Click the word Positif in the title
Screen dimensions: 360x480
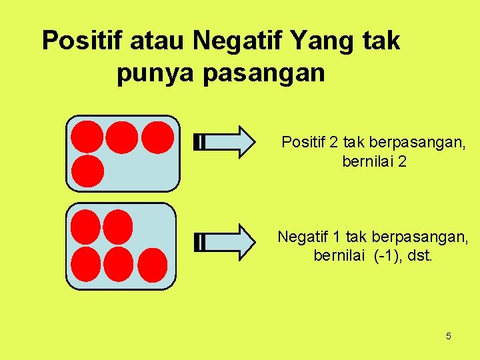click(x=83, y=41)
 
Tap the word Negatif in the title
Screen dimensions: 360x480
click(x=246, y=41)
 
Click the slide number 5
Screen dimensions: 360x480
click(x=448, y=336)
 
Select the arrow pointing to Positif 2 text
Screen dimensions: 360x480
click(x=225, y=142)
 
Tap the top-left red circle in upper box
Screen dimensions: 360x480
click(x=87, y=136)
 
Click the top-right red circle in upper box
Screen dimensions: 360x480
click(x=157, y=136)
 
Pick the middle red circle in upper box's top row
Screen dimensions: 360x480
click(x=122, y=136)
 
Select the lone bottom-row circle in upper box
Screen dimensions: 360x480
click(x=87, y=171)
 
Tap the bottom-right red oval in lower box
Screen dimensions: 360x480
click(x=152, y=265)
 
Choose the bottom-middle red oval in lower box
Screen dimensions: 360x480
click(x=118, y=265)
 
